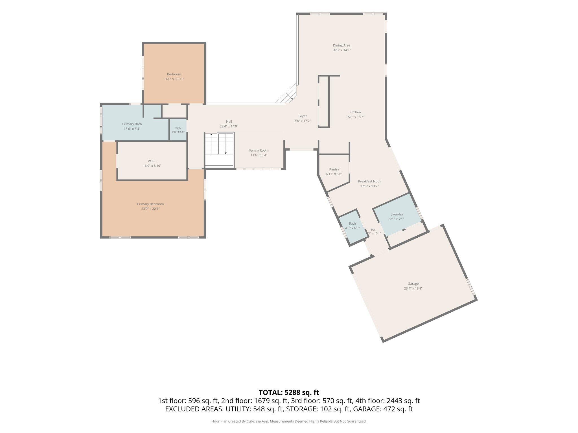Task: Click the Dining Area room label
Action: pyautogui.click(x=341, y=45)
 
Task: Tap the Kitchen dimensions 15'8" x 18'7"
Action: pyautogui.click(x=355, y=117)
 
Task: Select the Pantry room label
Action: pyautogui.click(x=334, y=169)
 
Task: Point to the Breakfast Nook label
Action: pyautogui.click(x=369, y=181)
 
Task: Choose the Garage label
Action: pyautogui.click(x=413, y=284)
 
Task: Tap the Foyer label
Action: pyautogui.click(x=303, y=116)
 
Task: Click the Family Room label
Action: pyautogui.click(x=259, y=151)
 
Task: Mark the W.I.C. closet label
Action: pyautogui.click(x=152, y=161)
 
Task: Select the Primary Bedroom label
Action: pyautogui.click(x=150, y=204)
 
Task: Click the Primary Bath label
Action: pyautogui.click(x=132, y=124)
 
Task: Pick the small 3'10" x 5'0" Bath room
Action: pyautogui.click(x=178, y=130)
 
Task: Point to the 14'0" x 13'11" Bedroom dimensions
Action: pyautogui.click(x=174, y=79)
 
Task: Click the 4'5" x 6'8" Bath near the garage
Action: pyautogui.click(x=352, y=226)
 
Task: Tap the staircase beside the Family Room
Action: pyautogui.click(x=220, y=149)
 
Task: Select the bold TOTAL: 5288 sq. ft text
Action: pyautogui.click(x=289, y=392)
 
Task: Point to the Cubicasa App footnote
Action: pyautogui.click(x=289, y=421)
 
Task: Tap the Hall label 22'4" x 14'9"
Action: pyautogui.click(x=229, y=124)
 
